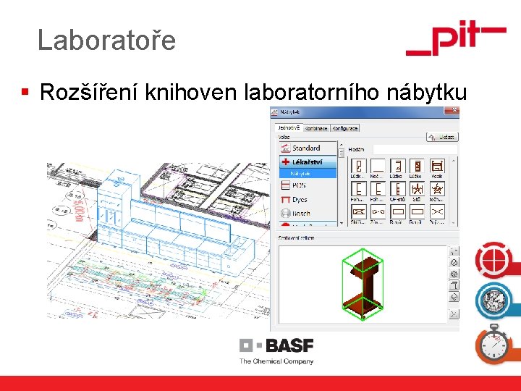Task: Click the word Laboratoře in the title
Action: [106, 40]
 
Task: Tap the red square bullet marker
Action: [25, 92]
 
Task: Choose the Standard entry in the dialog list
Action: [305, 148]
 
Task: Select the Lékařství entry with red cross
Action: [307, 161]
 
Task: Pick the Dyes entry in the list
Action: [300, 199]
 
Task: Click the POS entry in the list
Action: [298, 185]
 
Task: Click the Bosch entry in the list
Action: [300, 214]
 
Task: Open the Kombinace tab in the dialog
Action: [315, 128]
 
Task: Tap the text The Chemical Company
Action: [276, 361]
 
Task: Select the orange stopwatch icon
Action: [494, 344]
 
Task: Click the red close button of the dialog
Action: [454, 111]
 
